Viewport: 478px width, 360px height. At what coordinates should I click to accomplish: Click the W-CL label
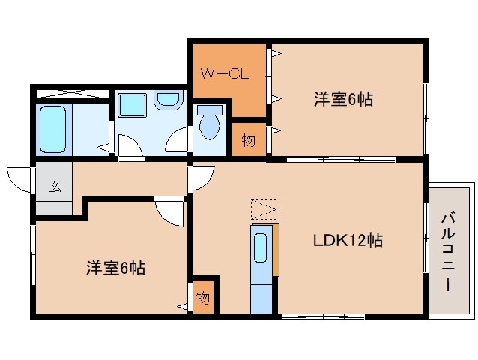click(x=224, y=73)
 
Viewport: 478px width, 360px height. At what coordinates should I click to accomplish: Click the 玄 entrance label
click(x=55, y=187)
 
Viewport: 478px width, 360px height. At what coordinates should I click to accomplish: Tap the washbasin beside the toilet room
click(x=170, y=100)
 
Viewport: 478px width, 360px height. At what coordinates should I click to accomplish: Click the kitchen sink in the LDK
click(x=261, y=247)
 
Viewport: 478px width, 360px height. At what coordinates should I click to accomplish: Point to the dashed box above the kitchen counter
click(x=264, y=209)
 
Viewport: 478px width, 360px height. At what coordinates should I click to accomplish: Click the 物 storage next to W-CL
click(x=248, y=140)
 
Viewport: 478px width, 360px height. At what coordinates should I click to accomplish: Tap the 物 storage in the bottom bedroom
click(x=203, y=297)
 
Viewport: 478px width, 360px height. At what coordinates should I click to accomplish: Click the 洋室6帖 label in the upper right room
click(x=344, y=98)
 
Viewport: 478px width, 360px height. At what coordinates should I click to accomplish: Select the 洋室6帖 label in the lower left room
click(x=115, y=266)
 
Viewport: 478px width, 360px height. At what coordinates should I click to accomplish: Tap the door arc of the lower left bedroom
click(x=169, y=211)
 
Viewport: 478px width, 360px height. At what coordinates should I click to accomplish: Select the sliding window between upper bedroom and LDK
click(x=341, y=159)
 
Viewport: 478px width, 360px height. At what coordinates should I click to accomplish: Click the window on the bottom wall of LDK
click(x=323, y=316)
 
